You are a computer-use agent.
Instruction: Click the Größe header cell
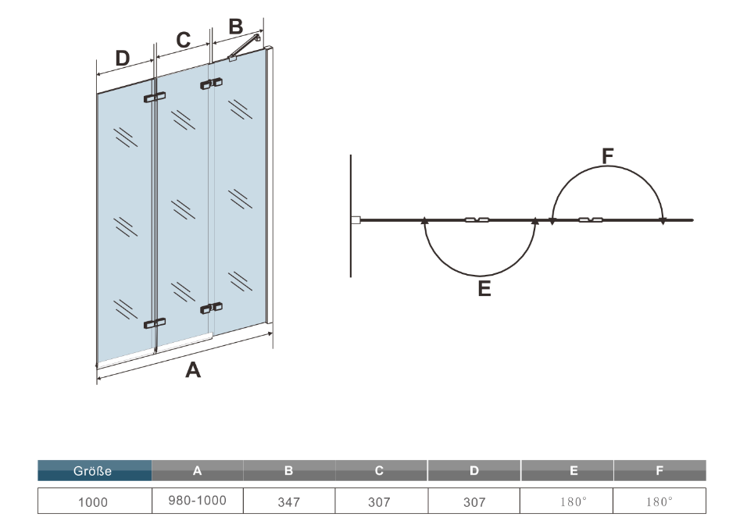tap(93, 471)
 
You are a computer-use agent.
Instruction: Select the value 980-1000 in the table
tap(197, 501)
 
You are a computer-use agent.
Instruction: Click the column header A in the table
tap(198, 471)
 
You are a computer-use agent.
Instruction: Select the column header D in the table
tap(473, 471)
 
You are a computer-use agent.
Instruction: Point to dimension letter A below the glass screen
tap(192, 371)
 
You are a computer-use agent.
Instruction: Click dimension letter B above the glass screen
tap(234, 26)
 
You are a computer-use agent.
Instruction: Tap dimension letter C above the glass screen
tap(183, 40)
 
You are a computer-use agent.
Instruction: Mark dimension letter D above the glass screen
tap(122, 59)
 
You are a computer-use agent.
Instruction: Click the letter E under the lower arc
tap(484, 290)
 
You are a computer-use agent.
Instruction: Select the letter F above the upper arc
tap(608, 155)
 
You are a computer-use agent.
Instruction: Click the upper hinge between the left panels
tap(155, 98)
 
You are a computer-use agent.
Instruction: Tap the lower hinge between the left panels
tap(155, 323)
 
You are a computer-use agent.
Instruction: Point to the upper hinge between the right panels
tap(212, 82)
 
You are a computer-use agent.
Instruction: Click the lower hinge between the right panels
tap(212, 307)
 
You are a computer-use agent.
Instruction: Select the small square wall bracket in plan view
tap(356, 221)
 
